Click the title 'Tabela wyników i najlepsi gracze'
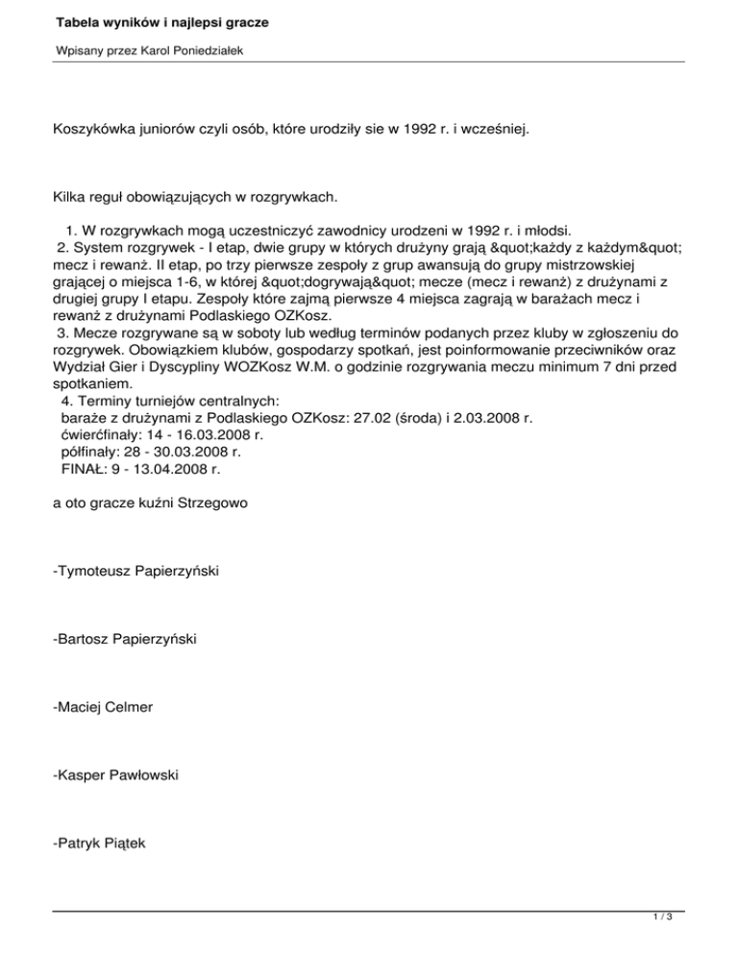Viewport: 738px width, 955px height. point(147,20)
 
